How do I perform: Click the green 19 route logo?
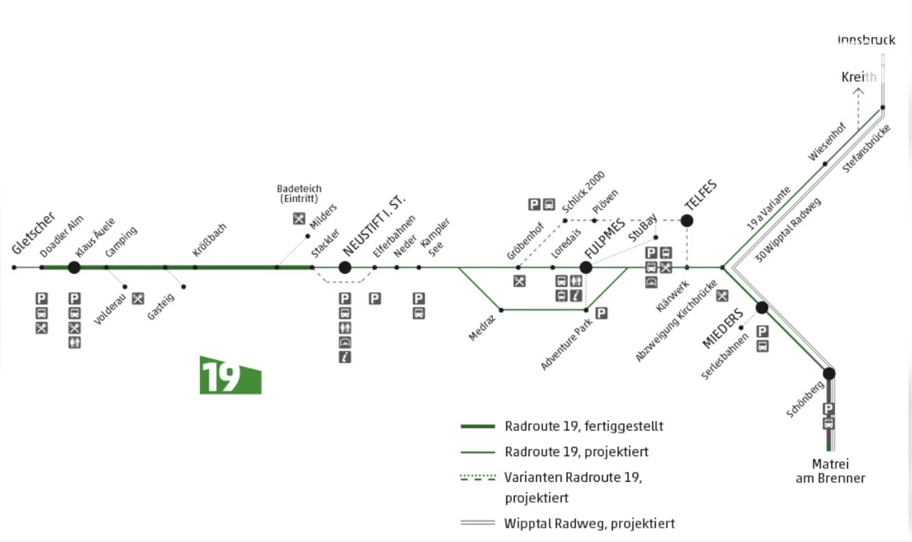[230, 375]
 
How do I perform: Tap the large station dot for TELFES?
[687, 221]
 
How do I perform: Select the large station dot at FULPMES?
[586, 267]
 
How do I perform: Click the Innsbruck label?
[866, 40]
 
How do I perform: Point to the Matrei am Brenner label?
[830, 471]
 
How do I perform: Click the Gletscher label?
[33, 233]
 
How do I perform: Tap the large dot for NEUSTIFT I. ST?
[345, 267]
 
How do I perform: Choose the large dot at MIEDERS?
[762, 307]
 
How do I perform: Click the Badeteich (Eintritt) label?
[299, 193]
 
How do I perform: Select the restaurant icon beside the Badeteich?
[299, 219]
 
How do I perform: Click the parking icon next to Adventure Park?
[601, 313]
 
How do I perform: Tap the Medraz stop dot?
[501, 310]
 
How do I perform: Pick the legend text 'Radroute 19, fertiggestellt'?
[584, 426]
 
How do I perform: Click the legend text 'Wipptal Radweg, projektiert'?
[589, 523]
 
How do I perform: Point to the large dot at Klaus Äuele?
[74, 267]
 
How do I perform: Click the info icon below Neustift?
[345, 357]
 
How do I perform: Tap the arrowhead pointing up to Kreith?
[858, 91]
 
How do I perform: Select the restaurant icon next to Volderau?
[138, 299]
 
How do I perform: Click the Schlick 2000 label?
[583, 192]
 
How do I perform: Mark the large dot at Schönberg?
[829, 374]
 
